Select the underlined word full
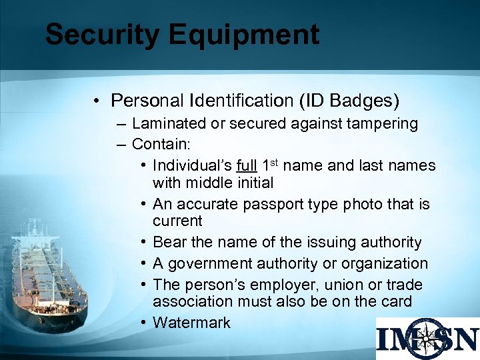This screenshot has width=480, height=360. click(x=247, y=165)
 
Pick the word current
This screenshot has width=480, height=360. click(x=177, y=221)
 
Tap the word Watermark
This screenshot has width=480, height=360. click(x=191, y=323)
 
